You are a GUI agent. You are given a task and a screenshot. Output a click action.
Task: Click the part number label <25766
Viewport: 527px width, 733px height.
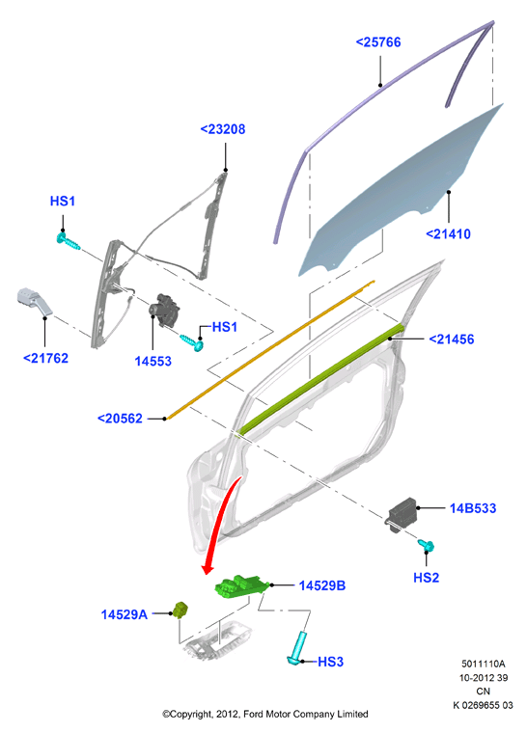(378, 42)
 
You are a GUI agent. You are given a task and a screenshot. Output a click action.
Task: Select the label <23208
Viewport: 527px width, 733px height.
(223, 129)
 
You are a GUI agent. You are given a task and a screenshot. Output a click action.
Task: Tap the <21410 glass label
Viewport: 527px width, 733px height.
(449, 233)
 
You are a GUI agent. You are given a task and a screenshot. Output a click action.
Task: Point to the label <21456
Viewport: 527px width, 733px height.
(452, 339)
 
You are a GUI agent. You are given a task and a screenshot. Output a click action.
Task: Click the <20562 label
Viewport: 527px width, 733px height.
(120, 418)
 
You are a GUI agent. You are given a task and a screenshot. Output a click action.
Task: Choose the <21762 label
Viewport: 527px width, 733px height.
(46, 358)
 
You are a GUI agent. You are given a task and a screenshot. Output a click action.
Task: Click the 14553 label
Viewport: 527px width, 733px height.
(153, 361)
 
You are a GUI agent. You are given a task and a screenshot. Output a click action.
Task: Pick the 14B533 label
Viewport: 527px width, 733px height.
(473, 508)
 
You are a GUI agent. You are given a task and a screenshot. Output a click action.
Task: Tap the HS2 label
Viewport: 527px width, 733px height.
(426, 578)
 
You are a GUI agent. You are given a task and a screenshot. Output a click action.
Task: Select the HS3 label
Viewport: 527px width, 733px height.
(330, 662)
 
